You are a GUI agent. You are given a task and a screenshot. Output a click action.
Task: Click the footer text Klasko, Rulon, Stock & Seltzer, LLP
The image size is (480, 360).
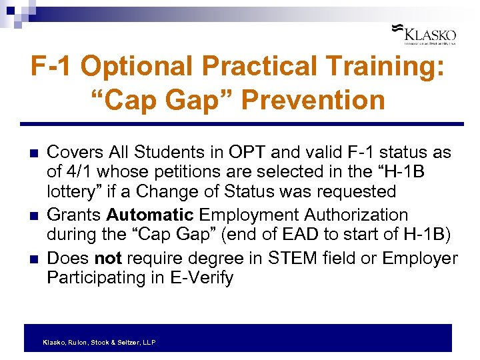[x=99, y=342]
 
